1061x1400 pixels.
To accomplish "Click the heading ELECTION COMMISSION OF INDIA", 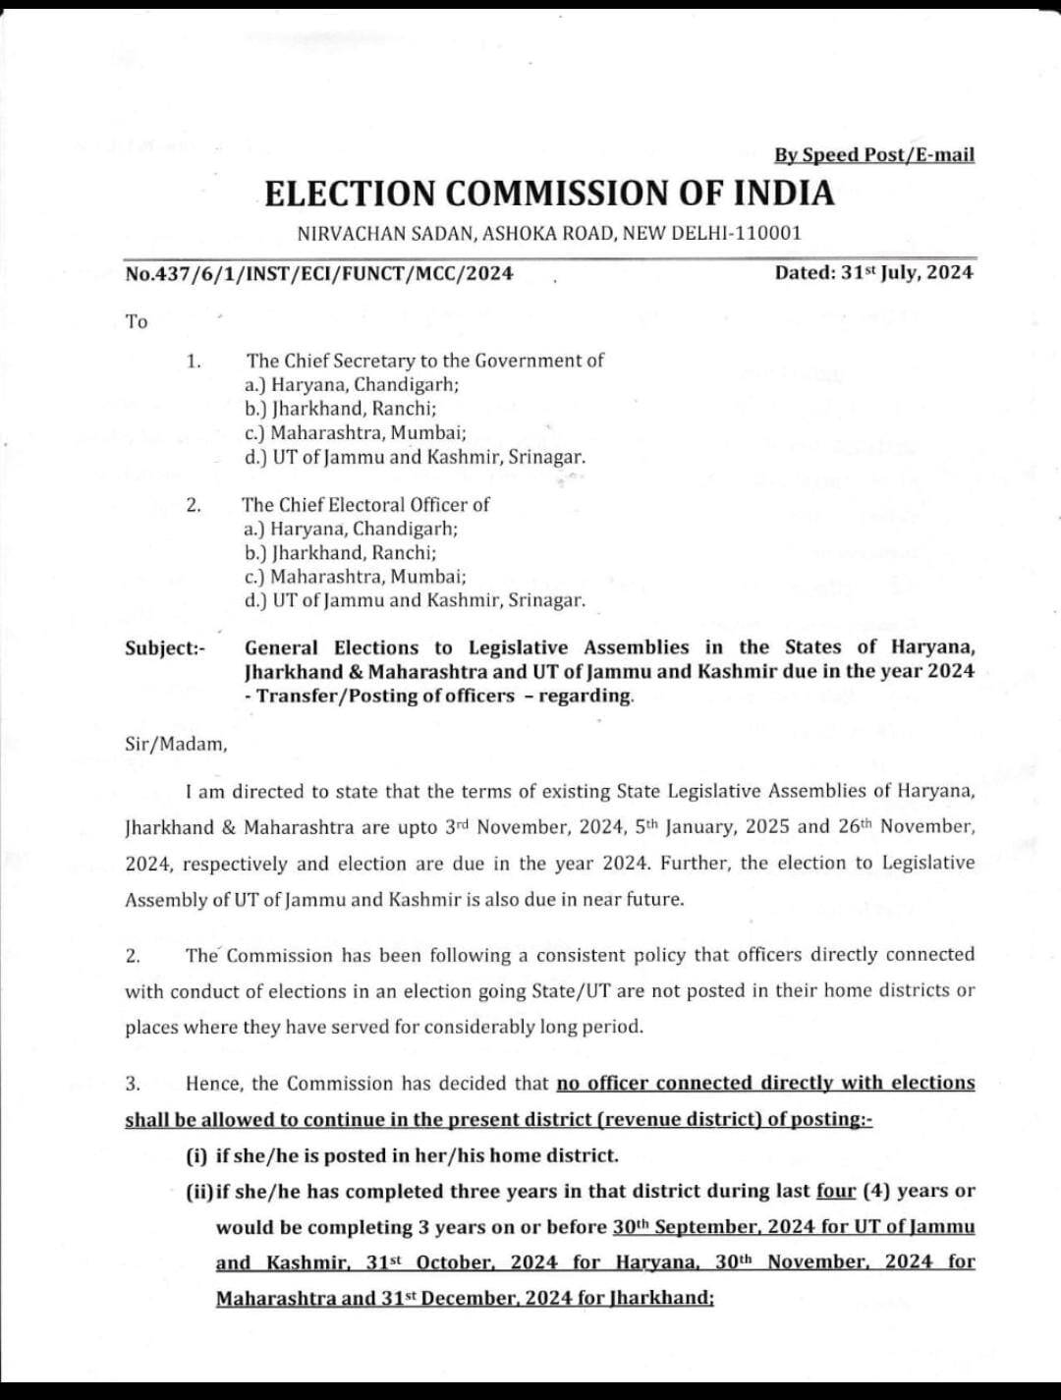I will click(549, 194).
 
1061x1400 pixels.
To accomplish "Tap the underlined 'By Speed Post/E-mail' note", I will click(873, 155).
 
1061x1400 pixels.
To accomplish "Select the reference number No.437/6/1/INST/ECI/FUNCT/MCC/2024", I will click(319, 273).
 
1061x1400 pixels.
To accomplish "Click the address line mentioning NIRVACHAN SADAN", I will click(549, 234).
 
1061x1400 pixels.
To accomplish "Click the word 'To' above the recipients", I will click(137, 321).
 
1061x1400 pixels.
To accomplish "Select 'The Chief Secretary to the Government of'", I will click(424, 361).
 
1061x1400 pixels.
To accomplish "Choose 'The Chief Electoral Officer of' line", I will click(365, 505).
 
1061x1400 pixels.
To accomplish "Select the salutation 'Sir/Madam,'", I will click(176, 744).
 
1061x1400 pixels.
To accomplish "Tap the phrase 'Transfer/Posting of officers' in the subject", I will click(386, 696).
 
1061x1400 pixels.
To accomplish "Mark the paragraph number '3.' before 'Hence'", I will click(133, 1084).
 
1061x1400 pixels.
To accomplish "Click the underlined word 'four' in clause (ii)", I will click(836, 1191).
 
